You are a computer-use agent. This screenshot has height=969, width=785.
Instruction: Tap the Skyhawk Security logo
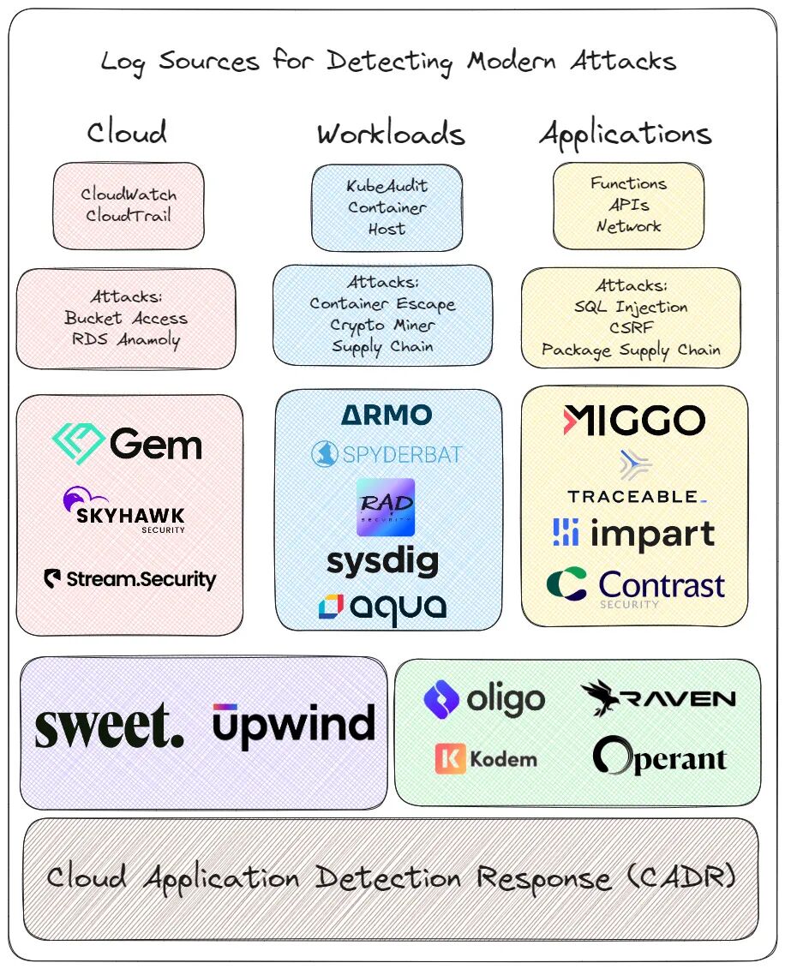click(124, 511)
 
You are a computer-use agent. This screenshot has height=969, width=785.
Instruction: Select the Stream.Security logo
click(129, 579)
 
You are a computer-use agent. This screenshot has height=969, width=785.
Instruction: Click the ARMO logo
click(387, 416)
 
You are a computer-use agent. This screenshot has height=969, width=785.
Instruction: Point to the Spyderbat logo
click(387, 453)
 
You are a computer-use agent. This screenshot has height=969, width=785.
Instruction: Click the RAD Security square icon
click(386, 507)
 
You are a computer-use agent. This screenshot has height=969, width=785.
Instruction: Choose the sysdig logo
click(382, 561)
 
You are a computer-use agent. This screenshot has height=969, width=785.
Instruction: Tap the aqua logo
click(382, 607)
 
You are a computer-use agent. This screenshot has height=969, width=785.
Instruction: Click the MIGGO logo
click(634, 420)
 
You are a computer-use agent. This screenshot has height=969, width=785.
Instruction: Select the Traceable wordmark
click(635, 496)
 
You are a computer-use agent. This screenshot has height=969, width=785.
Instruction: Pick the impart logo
click(634, 533)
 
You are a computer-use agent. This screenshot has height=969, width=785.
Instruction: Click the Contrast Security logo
click(635, 588)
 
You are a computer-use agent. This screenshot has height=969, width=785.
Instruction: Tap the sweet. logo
click(109, 727)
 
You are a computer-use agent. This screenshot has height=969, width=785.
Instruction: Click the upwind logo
click(294, 726)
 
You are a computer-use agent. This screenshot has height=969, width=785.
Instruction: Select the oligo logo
click(484, 699)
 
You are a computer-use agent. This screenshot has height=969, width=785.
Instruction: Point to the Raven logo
click(657, 699)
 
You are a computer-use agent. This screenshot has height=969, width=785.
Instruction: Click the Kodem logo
click(486, 759)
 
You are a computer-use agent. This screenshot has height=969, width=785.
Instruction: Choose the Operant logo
click(659, 757)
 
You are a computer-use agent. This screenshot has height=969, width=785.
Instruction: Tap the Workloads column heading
click(390, 134)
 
